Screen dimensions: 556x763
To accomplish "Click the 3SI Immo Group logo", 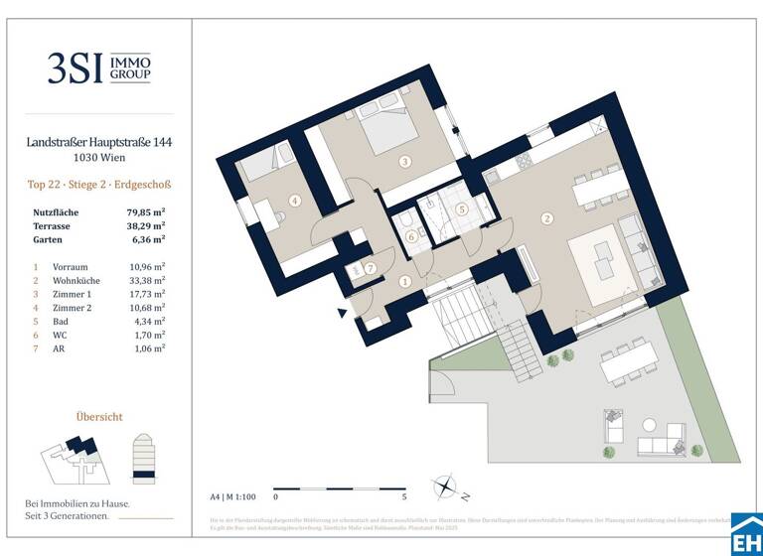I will [x=99, y=68].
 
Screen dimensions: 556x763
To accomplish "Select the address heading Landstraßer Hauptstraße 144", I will [x=99, y=143].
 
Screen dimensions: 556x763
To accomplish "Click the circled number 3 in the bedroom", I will [x=405, y=161].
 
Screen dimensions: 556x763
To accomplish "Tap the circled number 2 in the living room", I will [x=546, y=218].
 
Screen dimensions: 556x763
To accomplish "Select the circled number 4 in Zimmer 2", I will [x=295, y=200].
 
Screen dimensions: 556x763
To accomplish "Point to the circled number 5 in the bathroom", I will [x=462, y=209].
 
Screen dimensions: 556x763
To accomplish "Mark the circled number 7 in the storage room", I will [x=370, y=268].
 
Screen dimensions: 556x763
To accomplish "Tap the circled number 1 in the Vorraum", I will [x=405, y=282].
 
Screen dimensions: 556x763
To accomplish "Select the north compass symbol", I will [x=444, y=488].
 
